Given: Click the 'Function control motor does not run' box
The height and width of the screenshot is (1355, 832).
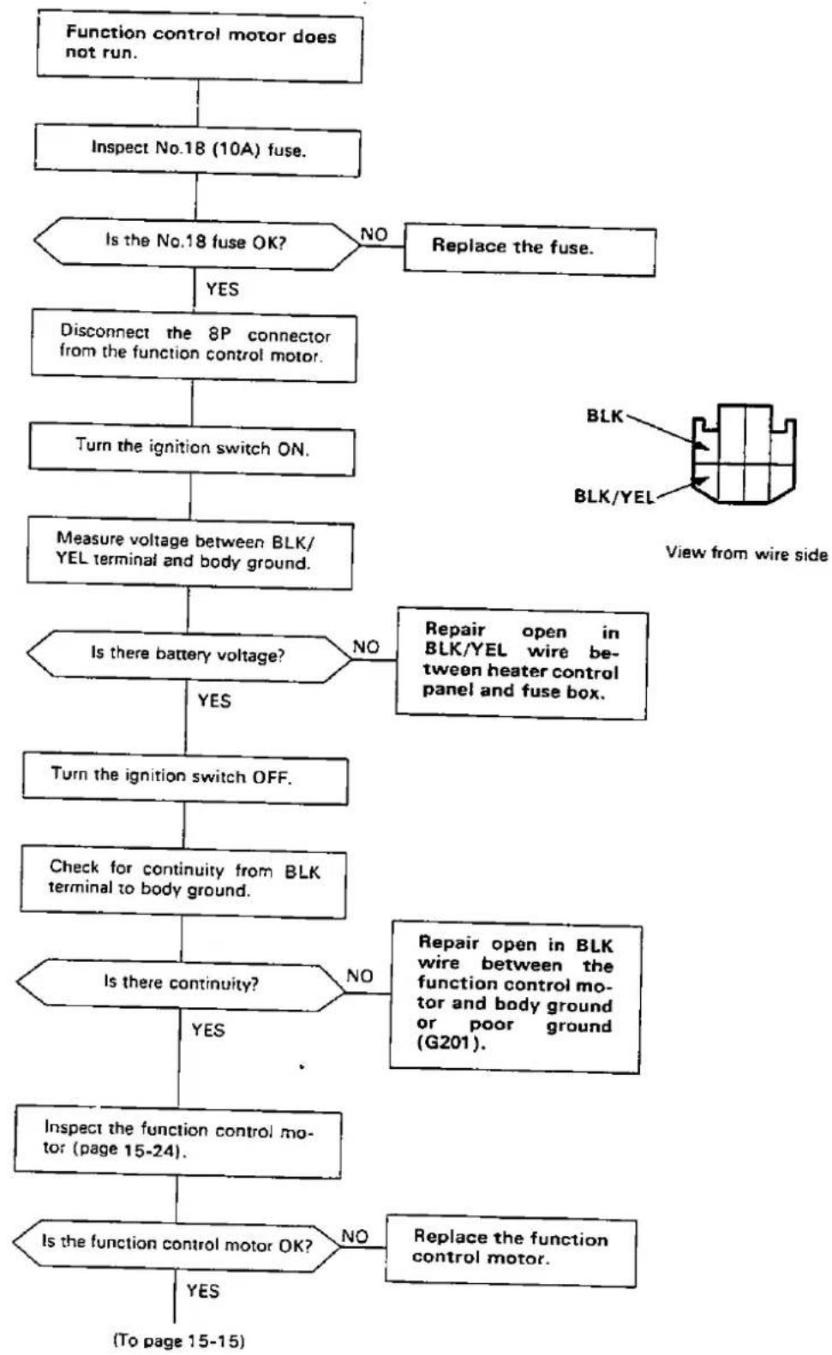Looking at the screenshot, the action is (x=200, y=46).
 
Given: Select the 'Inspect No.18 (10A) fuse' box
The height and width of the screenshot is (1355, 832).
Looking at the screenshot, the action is (x=197, y=151).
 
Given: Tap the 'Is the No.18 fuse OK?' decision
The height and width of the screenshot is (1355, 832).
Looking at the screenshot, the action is (x=197, y=243).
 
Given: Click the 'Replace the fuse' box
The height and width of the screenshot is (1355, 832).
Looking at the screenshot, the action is (x=530, y=250).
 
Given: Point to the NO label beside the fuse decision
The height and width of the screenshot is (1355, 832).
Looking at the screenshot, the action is (x=374, y=234).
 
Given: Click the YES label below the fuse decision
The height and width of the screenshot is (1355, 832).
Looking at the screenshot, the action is (x=222, y=290).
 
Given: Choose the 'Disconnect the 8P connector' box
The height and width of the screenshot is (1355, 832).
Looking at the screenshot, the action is (x=194, y=345).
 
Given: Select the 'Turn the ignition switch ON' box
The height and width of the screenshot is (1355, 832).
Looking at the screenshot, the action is (x=192, y=450).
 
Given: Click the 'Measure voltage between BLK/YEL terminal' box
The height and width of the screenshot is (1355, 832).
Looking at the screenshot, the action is (x=189, y=553).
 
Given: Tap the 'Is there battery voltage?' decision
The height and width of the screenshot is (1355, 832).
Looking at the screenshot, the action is (x=189, y=656).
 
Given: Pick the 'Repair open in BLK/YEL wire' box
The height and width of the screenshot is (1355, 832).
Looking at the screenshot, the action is (x=522, y=663).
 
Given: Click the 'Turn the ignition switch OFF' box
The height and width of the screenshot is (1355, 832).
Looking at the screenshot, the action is (x=185, y=779).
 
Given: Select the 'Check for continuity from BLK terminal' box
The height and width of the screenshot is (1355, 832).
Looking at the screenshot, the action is (x=183, y=882).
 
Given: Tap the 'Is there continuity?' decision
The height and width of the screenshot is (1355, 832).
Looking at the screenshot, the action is (x=180, y=985).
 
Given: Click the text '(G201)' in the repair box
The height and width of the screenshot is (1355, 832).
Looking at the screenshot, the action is (x=451, y=1043).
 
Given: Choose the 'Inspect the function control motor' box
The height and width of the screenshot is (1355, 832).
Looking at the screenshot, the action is (x=178, y=1142).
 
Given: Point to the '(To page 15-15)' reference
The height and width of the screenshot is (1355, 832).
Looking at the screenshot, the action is (x=179, y=1340).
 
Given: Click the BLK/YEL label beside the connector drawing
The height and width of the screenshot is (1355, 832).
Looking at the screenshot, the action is (x=614, y=497).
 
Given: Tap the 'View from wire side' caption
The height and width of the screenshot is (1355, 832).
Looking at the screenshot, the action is (x=746, y=553).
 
